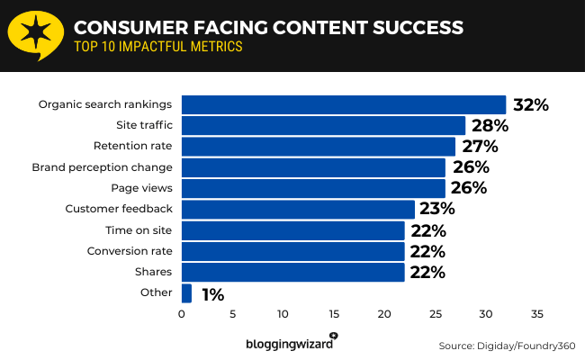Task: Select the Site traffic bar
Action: click(x=323, y=125)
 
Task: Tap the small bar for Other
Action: click(x=186, y=293)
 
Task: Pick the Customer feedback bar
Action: click(x=298, y=210)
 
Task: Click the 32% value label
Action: click(x=530, y=104)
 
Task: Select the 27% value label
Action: click(x=479, y=147)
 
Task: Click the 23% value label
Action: click(x=437, y=210)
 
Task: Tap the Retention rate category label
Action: click(x=132, y=146)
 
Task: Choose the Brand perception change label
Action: click(x=102, y=167)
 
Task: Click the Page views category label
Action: click(x=140, y=188)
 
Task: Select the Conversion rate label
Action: click(x=129, y=251)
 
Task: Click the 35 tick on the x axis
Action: click(x=536, y=314)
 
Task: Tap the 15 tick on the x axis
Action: click(x=334, y=314)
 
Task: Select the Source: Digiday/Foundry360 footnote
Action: click(x=507, y=346)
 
